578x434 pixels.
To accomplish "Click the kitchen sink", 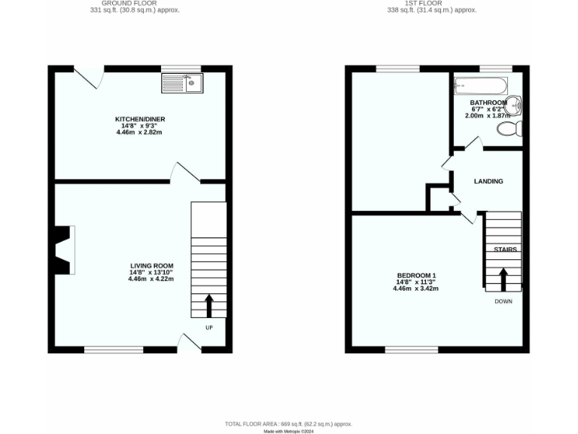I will pos(182,81).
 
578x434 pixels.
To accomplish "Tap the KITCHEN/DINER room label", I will pos(140,120).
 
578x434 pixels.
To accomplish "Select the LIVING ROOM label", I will pos(151,266).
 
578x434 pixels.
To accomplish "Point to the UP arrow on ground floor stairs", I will pos(209,305).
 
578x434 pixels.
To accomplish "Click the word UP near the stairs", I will pos(209,328).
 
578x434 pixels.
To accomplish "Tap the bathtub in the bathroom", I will pos(481,86).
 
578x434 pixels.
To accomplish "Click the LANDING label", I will pos(488,182).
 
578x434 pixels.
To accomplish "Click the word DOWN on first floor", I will pos(503,301).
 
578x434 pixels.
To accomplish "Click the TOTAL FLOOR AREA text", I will pos(290,424).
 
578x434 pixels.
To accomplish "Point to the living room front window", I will pos(113,350).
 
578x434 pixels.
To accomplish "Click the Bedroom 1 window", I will pos(411,350).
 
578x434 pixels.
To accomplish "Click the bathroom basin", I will pos(514,106).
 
